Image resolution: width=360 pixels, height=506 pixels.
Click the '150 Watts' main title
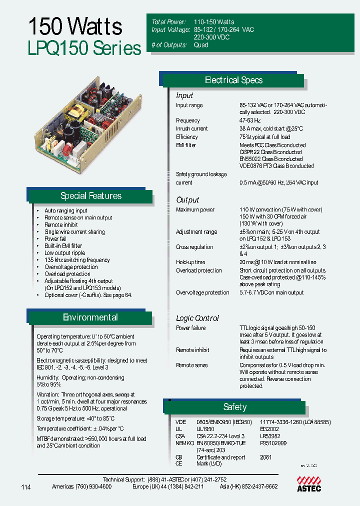pos(75,26)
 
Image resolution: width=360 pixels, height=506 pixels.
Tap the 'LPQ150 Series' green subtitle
pos(84,48)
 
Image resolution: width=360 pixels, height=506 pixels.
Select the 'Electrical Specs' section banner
pos(233,80)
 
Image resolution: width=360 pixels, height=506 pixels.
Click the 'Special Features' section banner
pos(90,196)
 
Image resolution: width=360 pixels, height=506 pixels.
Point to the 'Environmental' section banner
pos(90,317)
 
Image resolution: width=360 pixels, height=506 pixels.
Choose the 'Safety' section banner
pos(234,407)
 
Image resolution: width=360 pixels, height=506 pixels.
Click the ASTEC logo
pos(309,483)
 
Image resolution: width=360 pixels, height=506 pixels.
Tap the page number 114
pos(26,487)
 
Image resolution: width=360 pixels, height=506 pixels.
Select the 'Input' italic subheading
pos(184,95)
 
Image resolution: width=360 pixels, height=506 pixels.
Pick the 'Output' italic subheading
pos(187,200)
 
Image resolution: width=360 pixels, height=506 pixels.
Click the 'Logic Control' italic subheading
pos(197,318)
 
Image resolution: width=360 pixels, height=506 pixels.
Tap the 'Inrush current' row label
pos(192,128)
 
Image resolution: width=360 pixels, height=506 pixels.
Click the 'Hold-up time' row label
pos(190,262)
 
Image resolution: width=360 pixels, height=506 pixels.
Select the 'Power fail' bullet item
pos(55,239)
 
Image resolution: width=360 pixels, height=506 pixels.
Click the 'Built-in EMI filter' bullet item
pos(63,246)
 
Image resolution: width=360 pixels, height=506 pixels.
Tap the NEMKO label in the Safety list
pos(184,443)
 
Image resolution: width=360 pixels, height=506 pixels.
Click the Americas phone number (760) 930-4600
pos(93,486)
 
